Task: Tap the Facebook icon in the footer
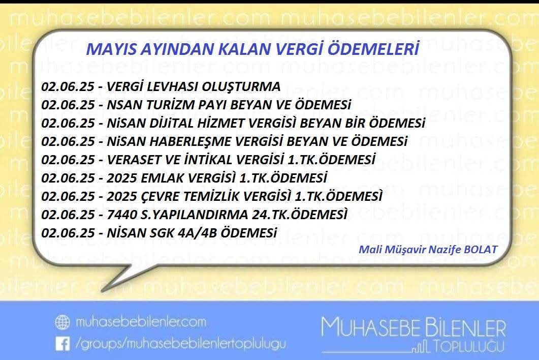click(x=62, y=344)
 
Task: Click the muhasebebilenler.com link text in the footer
click(x=140, y=322)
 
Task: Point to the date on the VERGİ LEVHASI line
click(x=68, y=86)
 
